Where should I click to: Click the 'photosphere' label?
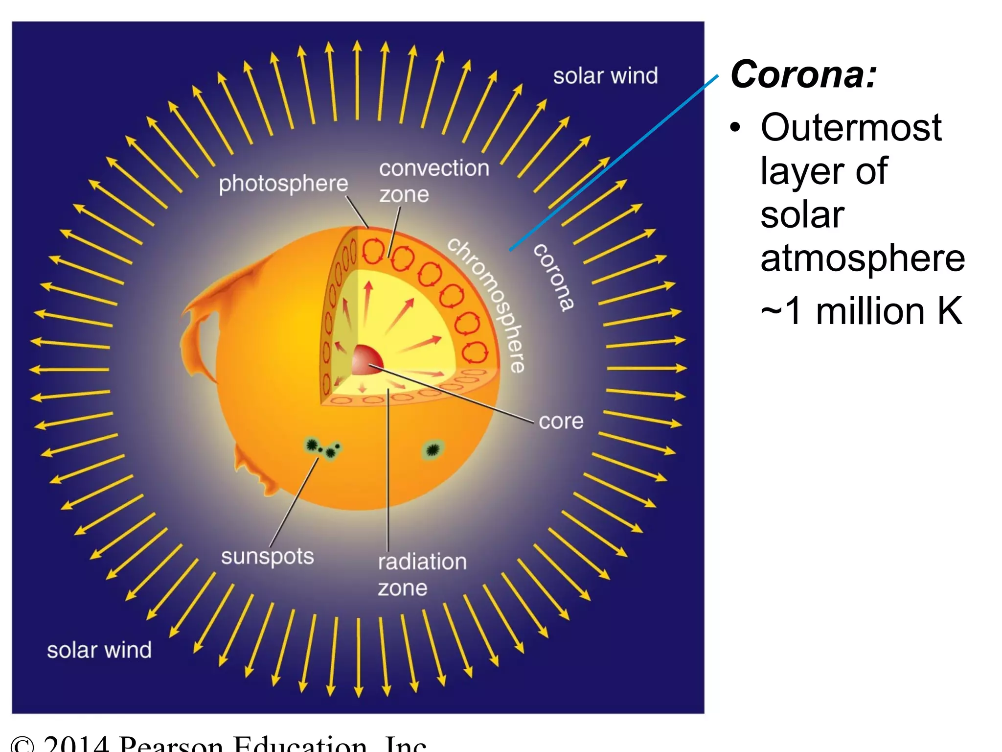click(x=283, y=184)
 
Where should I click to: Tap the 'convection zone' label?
click(x=433, y=181)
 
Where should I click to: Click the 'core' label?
click(x=561, y=421)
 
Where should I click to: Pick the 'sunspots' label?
click(x=267, y=557)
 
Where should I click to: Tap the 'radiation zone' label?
click(x=422, y=574)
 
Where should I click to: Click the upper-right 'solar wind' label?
click(x=605, y=76)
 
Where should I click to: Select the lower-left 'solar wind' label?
click(x=99, y=650)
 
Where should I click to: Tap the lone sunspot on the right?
click(x=432, y=449)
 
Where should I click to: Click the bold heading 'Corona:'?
click(x=803, y=75)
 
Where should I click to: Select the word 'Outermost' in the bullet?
click(x=851, y=127)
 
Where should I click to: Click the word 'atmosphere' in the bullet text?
click(x=863, y=258)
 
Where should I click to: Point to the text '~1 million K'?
click(x=861, y=311)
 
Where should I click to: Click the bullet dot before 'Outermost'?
click(x=735, y=127)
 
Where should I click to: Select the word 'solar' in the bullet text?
click(x=802, y=215)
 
